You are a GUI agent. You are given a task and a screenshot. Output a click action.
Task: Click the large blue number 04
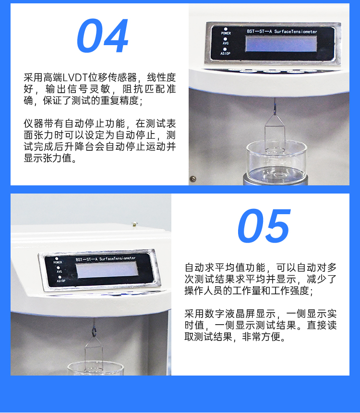point(102,36)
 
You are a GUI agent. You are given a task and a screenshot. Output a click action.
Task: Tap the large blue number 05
point(264,226)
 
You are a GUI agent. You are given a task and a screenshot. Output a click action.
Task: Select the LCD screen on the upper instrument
point(281,43)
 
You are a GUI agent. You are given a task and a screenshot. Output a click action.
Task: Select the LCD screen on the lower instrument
point(107,269)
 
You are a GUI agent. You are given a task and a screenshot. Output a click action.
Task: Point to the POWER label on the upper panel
point(226,33)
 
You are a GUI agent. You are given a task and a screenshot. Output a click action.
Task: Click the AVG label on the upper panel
point(226,43)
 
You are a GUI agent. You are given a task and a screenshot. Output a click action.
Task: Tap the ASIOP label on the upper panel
point(225,53)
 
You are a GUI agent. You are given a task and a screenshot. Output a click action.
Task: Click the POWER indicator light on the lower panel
point(57,259)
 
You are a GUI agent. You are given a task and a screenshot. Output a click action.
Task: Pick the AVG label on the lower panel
point(59,271)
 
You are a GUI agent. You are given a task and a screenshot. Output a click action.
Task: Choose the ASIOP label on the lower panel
point(61,281)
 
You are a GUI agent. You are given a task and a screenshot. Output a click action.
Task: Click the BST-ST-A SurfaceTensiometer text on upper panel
point(282,31)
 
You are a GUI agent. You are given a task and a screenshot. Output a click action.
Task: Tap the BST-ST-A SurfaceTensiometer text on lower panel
point(106,259)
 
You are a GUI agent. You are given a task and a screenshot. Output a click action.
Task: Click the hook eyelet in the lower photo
point(94,331)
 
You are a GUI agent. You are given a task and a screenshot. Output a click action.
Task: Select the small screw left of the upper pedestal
point(193,179)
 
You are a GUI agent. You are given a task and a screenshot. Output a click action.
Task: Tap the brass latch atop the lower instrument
point(134,224)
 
